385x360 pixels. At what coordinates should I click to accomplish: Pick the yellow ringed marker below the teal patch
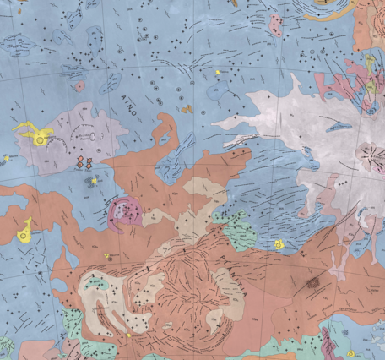click(x=279, y=245)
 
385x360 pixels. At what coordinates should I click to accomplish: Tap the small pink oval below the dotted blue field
click(x=79, y=85)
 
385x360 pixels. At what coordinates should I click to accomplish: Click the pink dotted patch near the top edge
click(x=276, y=24)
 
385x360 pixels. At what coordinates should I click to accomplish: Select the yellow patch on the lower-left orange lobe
click(x=25, y=228)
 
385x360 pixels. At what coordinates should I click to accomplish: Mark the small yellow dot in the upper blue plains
click(x=218, y=73)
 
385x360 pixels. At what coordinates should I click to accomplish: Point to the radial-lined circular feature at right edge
click(x=370, y=155)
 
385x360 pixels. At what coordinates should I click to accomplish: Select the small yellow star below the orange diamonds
click(x=93, y=180)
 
